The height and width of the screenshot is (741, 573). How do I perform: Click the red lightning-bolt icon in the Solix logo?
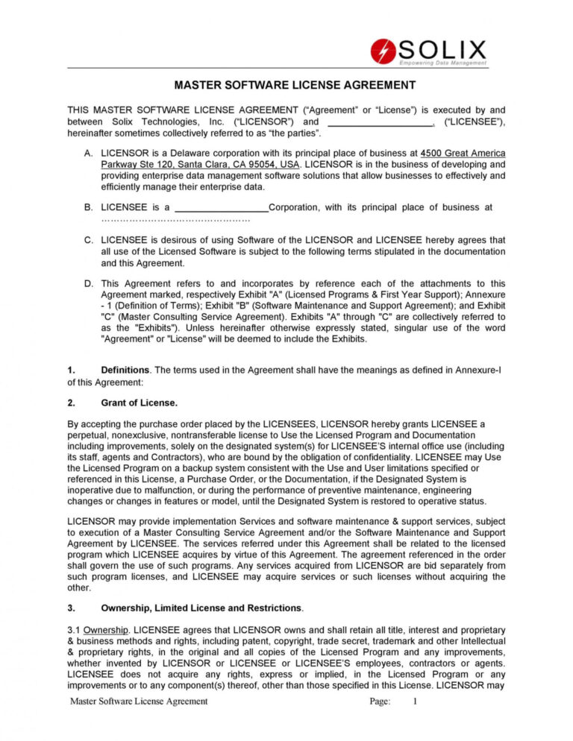coord(383,51)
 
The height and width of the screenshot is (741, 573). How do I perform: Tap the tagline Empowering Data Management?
coord(442,63)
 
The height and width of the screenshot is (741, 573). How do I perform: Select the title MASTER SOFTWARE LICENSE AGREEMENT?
coord(286,86)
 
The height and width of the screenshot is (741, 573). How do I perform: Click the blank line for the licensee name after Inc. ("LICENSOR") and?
coord(381,122)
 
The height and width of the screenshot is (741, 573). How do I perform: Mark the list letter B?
coord(89,207)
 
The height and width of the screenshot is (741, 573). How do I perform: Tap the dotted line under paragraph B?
coord(175,220)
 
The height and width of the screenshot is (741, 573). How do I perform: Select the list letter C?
coord(89,240)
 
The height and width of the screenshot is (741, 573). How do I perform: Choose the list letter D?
coord(89,283)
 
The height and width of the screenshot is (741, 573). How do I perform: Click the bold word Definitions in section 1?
coord(125,370)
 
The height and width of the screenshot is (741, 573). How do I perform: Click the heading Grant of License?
coord(139,403)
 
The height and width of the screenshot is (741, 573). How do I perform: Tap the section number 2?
coord(71,403)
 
